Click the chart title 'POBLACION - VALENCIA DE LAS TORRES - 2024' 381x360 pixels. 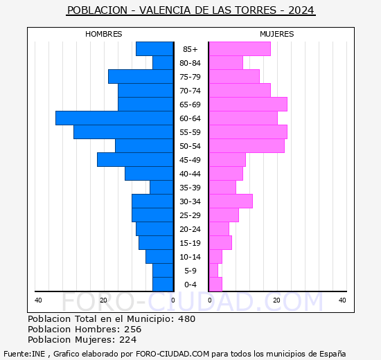(190, 10)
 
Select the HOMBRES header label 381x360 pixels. (103, 34)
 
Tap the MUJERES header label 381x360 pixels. (276, 34)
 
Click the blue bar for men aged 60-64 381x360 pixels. (114, 118)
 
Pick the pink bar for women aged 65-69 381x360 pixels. (247, 105)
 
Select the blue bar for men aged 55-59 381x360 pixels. (123, 132)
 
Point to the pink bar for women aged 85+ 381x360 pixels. (239, 49)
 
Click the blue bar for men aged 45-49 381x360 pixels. (135, 160)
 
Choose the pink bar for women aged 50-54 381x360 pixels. (246, 146)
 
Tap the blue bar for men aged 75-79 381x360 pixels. (141, 77)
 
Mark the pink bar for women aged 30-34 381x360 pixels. (230, 201)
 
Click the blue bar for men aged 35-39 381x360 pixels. (161, 188)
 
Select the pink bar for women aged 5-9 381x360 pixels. (213, 271)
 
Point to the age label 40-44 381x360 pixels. (190, 174)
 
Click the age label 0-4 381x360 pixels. (190, 285)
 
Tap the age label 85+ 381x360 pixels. (190, 49)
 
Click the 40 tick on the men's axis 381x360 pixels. (38, 300)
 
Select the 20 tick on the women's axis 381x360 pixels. (276, 300)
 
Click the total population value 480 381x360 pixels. (186, 319)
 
